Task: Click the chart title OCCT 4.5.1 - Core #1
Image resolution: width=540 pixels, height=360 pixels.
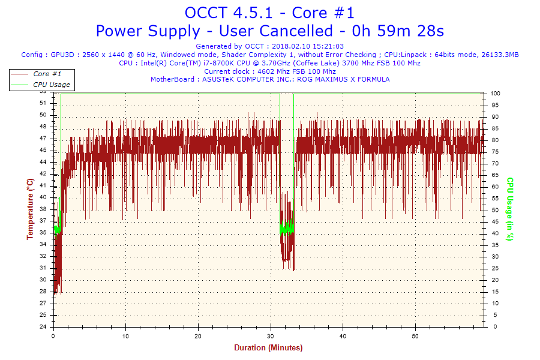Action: [x=269, y=13]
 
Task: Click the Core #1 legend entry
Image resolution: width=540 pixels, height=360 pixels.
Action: [x=47, y=74]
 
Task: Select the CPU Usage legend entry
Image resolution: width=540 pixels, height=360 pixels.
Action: [x=51, y=85]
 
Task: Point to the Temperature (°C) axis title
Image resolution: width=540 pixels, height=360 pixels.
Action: [x=30, y=209]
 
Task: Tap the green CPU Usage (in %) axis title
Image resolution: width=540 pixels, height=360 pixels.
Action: [x=510, y=209]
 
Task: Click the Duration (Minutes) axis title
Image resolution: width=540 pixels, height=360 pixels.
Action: [x=268, y=348]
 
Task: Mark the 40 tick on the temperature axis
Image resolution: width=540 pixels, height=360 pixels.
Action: [x=43, y=197]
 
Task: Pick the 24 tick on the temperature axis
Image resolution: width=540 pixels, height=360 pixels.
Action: [x=43, y=327]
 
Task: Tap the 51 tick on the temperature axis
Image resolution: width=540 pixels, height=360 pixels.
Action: [x=43, y=103]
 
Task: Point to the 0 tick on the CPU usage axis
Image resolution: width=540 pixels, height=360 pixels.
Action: [x=493, y=327]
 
